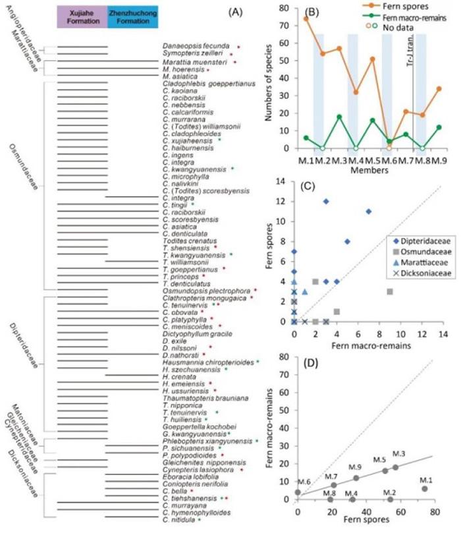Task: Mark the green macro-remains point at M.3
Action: pos(339,117)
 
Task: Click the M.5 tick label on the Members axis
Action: pos(373,161)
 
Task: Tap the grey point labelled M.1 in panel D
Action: pos(425,488)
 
